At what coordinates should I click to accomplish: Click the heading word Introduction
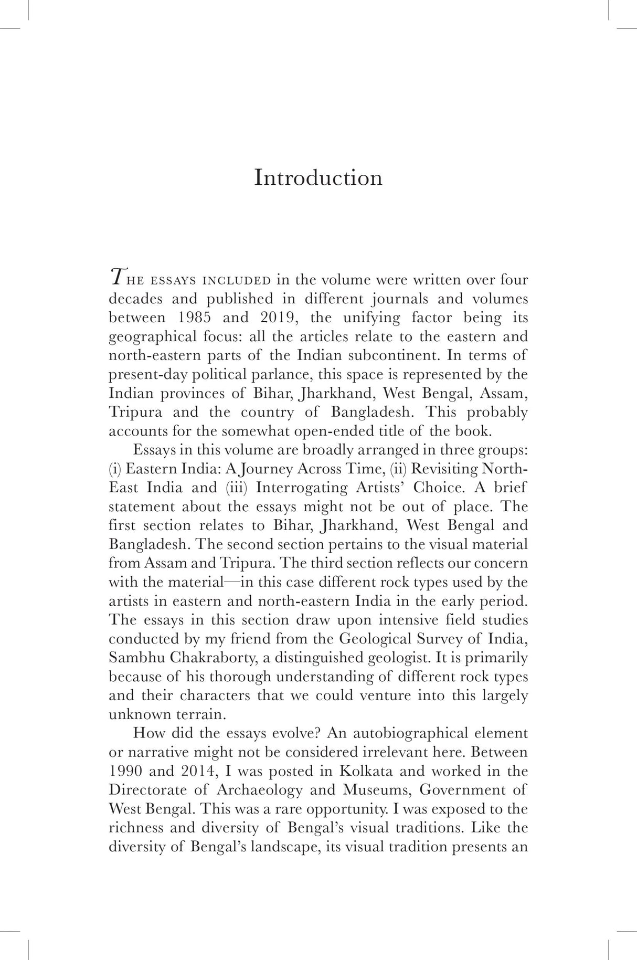tap(318, 177)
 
